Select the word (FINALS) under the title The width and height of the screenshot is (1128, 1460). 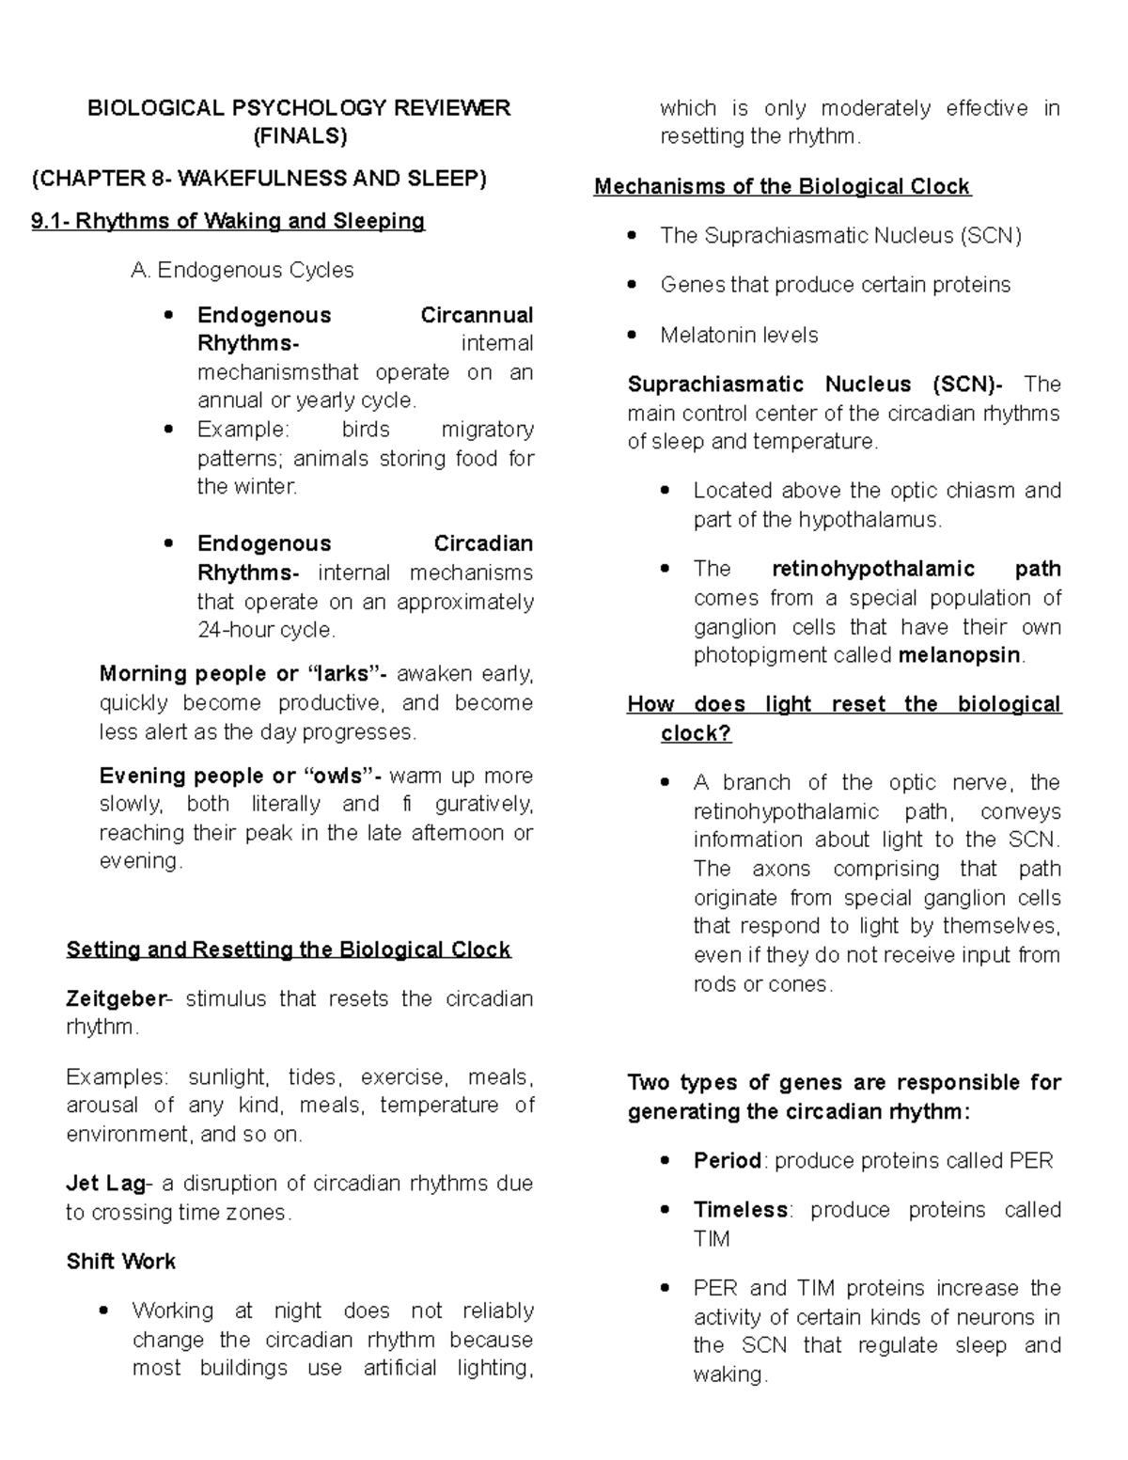tap(300, 136)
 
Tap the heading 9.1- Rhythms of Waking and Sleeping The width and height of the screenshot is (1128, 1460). tap(228, 222)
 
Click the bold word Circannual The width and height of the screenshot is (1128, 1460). tap(477, 315)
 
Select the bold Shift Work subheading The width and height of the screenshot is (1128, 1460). tap(121, 1262)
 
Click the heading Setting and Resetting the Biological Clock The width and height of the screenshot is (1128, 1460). tap(289, 950)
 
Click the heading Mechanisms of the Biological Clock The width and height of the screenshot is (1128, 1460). tap(782, 187)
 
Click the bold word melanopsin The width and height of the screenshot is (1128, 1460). tap(959, 655)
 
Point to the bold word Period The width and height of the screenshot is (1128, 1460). tap(727, 1161)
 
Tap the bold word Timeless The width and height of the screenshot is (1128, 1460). tap(740, 1210)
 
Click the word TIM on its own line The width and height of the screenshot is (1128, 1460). tap(712, 1239)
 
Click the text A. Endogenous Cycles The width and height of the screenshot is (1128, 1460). tap(243, 271)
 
